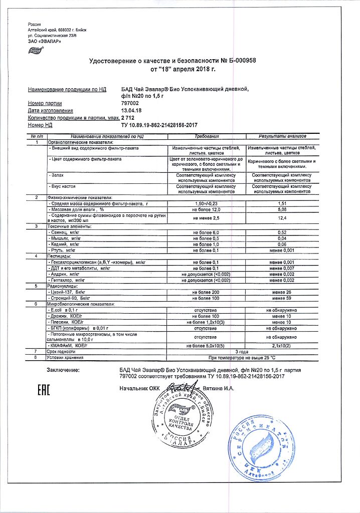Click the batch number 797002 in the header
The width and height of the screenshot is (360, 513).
tap(131, 103)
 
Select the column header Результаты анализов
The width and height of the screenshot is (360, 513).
tap(282, 136)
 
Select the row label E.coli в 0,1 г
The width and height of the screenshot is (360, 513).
tap(63, 311)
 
